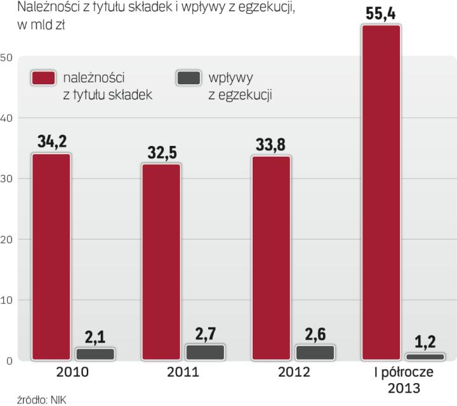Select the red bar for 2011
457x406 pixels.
161,262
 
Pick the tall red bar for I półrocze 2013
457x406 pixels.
380,193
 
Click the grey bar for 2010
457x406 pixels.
95,354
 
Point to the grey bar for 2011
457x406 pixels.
205,353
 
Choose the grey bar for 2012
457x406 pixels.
315,353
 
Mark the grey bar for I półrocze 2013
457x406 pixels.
424,357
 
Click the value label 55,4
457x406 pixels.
380,12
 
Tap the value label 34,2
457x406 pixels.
51,141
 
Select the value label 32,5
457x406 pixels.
161,151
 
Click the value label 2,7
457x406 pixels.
205,332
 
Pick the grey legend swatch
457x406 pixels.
188,78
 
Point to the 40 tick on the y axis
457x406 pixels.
7,118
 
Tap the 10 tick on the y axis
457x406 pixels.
7,300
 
